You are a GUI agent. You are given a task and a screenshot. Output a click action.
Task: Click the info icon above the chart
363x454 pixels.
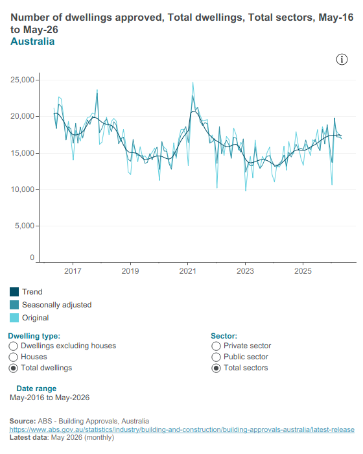tap(342, 60)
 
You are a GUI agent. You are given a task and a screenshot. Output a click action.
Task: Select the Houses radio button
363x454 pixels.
tap(14, 357)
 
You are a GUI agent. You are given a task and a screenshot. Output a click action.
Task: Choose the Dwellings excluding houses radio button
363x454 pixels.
tap(14, 346)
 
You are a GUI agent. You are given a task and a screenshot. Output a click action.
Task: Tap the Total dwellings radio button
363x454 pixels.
tap(14, 368)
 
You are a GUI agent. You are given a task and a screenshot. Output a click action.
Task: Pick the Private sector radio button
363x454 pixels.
tap(216, 346)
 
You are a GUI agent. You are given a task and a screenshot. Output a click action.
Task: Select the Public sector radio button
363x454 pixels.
tap(216, 357)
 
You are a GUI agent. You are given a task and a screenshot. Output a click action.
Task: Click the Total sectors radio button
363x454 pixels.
tap(216, 368)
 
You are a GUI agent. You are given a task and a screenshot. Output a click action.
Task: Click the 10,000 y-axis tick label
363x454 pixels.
tap(22, 189)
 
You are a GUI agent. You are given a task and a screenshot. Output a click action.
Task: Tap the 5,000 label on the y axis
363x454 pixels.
tap(25, 226)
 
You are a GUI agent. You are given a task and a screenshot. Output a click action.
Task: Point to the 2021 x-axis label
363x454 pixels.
tap(187, 271)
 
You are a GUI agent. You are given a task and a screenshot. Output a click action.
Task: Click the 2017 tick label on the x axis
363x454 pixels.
tap(73, 271)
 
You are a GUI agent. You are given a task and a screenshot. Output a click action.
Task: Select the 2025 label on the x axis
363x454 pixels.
tap(303, 271)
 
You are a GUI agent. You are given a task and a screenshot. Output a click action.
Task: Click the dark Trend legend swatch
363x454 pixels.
tap(14, 292)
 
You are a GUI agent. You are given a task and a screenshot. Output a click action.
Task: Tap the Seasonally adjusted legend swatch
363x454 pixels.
tap(14, 305)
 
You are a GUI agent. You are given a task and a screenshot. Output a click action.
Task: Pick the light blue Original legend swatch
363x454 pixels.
tap(14, 318)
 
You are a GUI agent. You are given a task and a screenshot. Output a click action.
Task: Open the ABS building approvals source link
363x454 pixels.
tap(181, 429)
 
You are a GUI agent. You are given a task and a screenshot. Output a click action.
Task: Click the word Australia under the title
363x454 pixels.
tap(32, 42)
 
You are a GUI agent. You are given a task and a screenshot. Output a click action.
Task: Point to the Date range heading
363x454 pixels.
tap(36, 388)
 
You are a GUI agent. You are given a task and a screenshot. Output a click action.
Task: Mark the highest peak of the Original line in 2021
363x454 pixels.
tap(193, 82)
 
